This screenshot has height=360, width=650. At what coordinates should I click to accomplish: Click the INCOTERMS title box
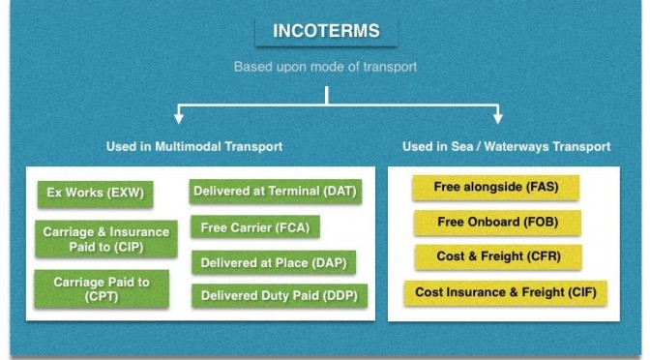(x=326, y=31)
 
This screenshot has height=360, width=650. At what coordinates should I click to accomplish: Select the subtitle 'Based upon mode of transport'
(x=325, y=67)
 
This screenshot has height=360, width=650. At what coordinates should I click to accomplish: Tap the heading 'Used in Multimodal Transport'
(x=194, y=146)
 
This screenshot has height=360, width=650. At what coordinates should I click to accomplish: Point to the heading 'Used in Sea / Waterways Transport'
(x=506, y=146)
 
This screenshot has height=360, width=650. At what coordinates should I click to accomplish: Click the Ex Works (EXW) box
(x=96, y=194)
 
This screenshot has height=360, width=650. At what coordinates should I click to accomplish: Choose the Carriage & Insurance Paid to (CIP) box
(x=106, y=239)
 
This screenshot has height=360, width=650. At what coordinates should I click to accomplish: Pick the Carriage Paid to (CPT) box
(x=102, y=289)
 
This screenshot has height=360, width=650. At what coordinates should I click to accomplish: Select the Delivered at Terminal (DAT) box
(x=276, y=192)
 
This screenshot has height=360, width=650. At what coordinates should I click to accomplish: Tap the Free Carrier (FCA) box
(x=255, y=226)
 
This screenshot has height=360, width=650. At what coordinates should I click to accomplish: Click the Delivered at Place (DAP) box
(x=274, y=262)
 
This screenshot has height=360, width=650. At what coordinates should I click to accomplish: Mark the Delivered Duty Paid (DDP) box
(x=280, y=296)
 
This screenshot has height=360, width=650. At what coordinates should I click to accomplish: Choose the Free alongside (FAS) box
(x=496, y=188)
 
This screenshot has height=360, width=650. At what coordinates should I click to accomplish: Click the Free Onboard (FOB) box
(x=497, y=223)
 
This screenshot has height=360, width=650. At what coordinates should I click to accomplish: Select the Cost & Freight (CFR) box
(x=498, y=256)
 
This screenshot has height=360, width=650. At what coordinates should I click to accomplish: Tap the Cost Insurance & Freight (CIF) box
(x=506, y=293)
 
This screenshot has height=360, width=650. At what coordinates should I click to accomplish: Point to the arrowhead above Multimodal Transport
(x=179, y=117)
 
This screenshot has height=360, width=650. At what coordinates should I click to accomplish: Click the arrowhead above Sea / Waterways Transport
(x=498, y=117)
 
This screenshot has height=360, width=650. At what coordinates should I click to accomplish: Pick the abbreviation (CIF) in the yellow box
(x=582, y=292)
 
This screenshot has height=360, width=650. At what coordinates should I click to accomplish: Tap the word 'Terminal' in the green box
(x=294, y=191)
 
